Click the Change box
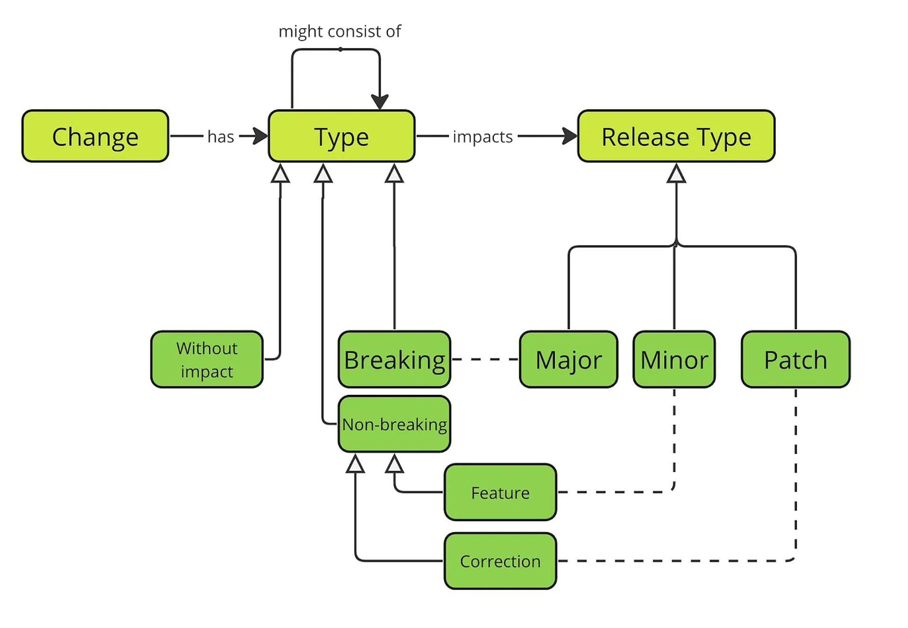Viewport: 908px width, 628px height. tap(95, 136)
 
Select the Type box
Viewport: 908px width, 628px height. tap(341, 136)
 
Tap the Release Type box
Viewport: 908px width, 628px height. tap(676, 136)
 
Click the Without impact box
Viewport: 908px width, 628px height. tap(207, 359)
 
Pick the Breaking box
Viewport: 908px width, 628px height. tap(394, 359)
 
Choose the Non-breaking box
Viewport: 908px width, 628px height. tap(394, 424)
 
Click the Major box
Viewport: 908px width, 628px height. tap(568, 359)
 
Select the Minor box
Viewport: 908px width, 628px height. tap(674, 359)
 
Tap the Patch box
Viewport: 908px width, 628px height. tap(795, 359)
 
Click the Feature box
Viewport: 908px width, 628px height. tap(500, 492)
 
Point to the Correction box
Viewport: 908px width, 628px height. tap(500, 561)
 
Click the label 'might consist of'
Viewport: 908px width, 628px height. tap(340, 31)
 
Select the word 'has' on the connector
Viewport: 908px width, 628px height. tap(220, 137)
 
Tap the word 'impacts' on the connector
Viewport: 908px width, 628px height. tap(482, 137)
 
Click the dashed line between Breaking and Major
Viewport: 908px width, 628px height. tap(485, 359)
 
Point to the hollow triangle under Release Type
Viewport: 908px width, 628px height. tap(676, 174)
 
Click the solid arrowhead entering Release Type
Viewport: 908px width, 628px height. tap(570, 136)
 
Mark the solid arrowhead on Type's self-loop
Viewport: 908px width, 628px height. tap(380, 101)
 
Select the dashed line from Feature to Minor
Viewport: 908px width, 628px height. tap(615, 492)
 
